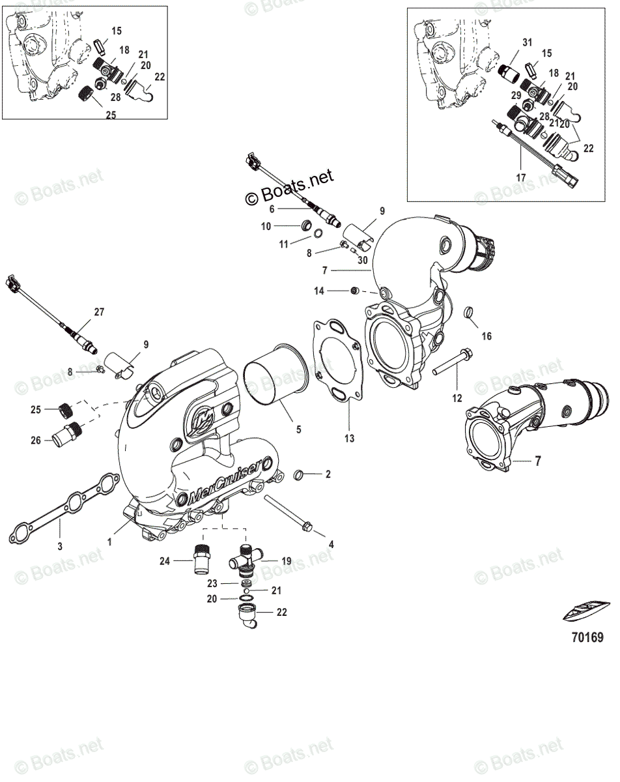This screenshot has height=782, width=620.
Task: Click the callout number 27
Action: click(98, 312)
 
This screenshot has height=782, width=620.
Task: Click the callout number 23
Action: click(212, 584)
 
